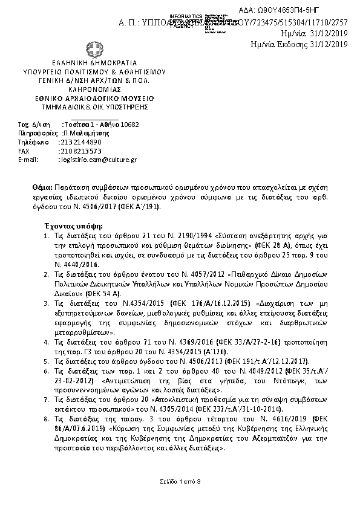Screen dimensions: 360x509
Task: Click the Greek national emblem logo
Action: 94,48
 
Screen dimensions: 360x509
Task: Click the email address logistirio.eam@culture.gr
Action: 98,160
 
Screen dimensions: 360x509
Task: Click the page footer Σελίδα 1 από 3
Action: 180,481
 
